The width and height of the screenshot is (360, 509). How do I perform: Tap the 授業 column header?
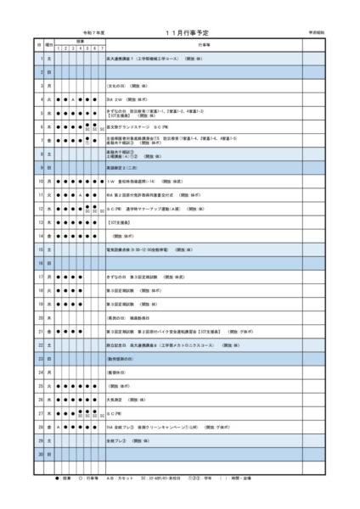coord(79,40)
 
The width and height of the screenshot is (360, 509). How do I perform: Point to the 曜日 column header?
coord(49,42)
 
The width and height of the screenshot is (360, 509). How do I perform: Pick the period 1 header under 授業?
coord(59,48)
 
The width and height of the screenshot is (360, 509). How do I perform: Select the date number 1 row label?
coord(39,59)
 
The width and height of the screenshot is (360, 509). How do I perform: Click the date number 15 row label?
coord(39,249)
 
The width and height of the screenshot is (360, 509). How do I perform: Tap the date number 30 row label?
coord(39,454)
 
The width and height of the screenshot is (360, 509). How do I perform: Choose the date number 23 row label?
coord(39,358)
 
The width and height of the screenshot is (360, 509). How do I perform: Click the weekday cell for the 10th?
coord(49,181)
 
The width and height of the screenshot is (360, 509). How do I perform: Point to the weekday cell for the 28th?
coord(49,427)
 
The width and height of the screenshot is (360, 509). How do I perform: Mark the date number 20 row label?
coord(39,317)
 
